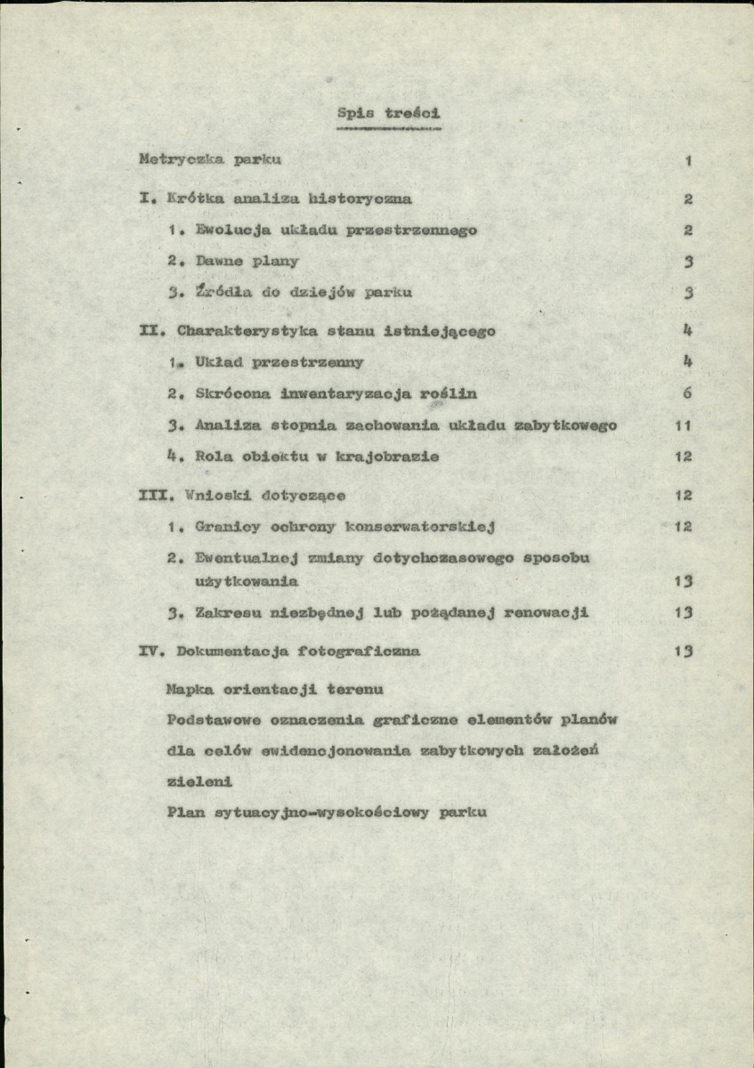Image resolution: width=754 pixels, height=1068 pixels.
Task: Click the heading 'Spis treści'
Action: tap(389, 113)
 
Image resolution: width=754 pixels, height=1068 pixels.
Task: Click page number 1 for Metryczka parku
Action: tap(689, 161)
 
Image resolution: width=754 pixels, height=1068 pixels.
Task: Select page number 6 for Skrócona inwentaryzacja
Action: tap(688, 393)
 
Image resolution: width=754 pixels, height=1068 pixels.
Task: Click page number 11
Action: tap(684, 426)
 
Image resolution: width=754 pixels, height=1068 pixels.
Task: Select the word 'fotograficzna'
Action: tap(360, 651)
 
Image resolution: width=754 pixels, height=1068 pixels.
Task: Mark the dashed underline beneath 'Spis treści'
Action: tap(389, 129)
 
